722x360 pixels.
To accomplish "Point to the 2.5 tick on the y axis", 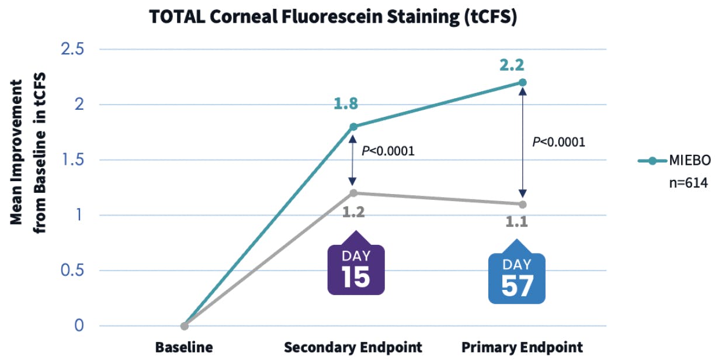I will (73, 49).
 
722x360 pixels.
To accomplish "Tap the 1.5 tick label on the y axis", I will (73, 160).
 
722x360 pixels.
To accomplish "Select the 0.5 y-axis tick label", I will (73, 271).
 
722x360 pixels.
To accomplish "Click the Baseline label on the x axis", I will (184, 347).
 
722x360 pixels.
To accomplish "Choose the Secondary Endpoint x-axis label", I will (353, 347).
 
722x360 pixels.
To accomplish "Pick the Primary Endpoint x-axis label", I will (522, 347).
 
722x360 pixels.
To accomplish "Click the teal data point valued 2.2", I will (523, 82).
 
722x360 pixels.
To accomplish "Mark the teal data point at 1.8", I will (353, 127).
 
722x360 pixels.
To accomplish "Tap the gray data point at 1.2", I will (353, 193).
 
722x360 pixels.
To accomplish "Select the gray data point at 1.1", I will (523, 205).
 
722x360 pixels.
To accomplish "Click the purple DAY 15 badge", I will (355, 268).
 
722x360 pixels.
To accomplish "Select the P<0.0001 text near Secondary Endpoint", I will (388, 151).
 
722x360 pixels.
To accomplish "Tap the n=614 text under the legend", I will (688, 183).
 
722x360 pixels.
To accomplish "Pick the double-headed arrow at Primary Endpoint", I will (523, 143).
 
